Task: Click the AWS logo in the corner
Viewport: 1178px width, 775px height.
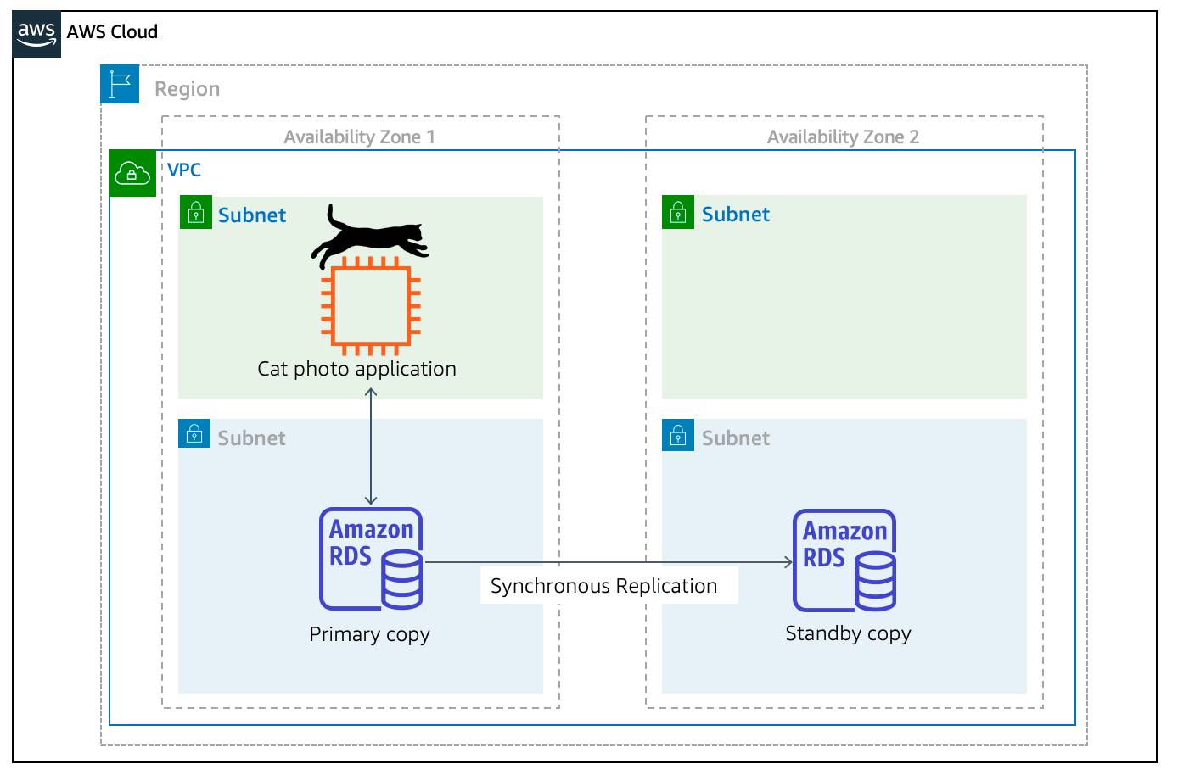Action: pyautogui.click(x=36, y=34)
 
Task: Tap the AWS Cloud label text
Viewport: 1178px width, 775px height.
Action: pyautogui.click(x=112, y=32)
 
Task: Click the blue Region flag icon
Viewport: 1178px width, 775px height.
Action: pyautogui.click(x=120, y=84)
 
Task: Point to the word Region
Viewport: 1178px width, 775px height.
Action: pyautogui.click(x=188, y=89)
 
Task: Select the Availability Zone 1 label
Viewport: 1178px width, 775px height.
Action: pyautogui.click(x=360, y=137)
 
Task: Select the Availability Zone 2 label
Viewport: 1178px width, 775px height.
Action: pyautogui.click(x=843, y=137)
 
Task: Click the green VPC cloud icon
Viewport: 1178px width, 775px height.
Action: pyautogui.click(x=132, y=173)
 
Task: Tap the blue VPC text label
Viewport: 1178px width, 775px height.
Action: pyautogui.click(x=184, y=170)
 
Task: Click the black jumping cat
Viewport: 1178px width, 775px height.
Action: pyautogui.click(x=370, y=236)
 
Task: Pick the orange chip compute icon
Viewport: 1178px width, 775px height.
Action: pyautogui.click(x=371, y=306)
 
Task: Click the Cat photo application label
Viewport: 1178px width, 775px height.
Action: pyautogui.click(x=357, y=369)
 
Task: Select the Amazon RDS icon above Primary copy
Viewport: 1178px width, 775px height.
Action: pyautogui.click(x=371, y=559)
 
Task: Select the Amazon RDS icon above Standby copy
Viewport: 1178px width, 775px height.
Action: pyautogui.click(x=844, y=560)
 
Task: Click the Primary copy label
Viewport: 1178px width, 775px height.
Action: pyautogui.click(x=370, y=634)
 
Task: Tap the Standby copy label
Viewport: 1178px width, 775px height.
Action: pyautogui.click(x=848, y=633)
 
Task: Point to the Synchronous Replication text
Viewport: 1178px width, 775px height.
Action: pyautogui.click(x=603, y=586)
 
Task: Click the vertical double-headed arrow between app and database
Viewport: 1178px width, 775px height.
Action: pyautogui.click(x=371, y=446)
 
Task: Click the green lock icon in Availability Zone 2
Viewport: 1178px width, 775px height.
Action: pyautogui.click(x=678, y=212)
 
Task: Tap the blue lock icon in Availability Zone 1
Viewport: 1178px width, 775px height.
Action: pyautogui.click(x=194, y=433)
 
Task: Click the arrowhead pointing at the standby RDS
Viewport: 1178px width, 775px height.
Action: pyautogui.click(x=788, y=562)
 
